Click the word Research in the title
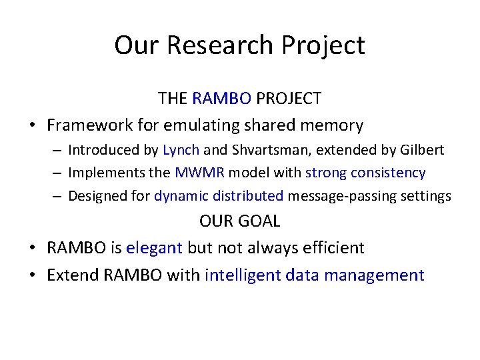tap(220, 45)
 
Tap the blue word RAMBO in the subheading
tap(221, 98)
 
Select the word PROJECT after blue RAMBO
tap(289, 98)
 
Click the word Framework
tap(90, 125)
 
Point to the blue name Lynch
tap(181, 150)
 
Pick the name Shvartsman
tap(271, 150)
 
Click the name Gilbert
tap(422, 150)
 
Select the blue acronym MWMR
tap(199, 173)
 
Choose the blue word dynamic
tap(181, 196)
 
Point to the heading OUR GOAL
tap(240, 221)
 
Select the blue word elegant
tap(154, 248)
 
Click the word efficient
tap(333, 247)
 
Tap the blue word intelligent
tap(243, 275)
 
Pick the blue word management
tap(374, 275)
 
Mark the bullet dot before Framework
tap(33, 125)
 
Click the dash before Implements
tap(57, 173)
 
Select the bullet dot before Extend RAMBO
tap(33, 275)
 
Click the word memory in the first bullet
tap(332, 126)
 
